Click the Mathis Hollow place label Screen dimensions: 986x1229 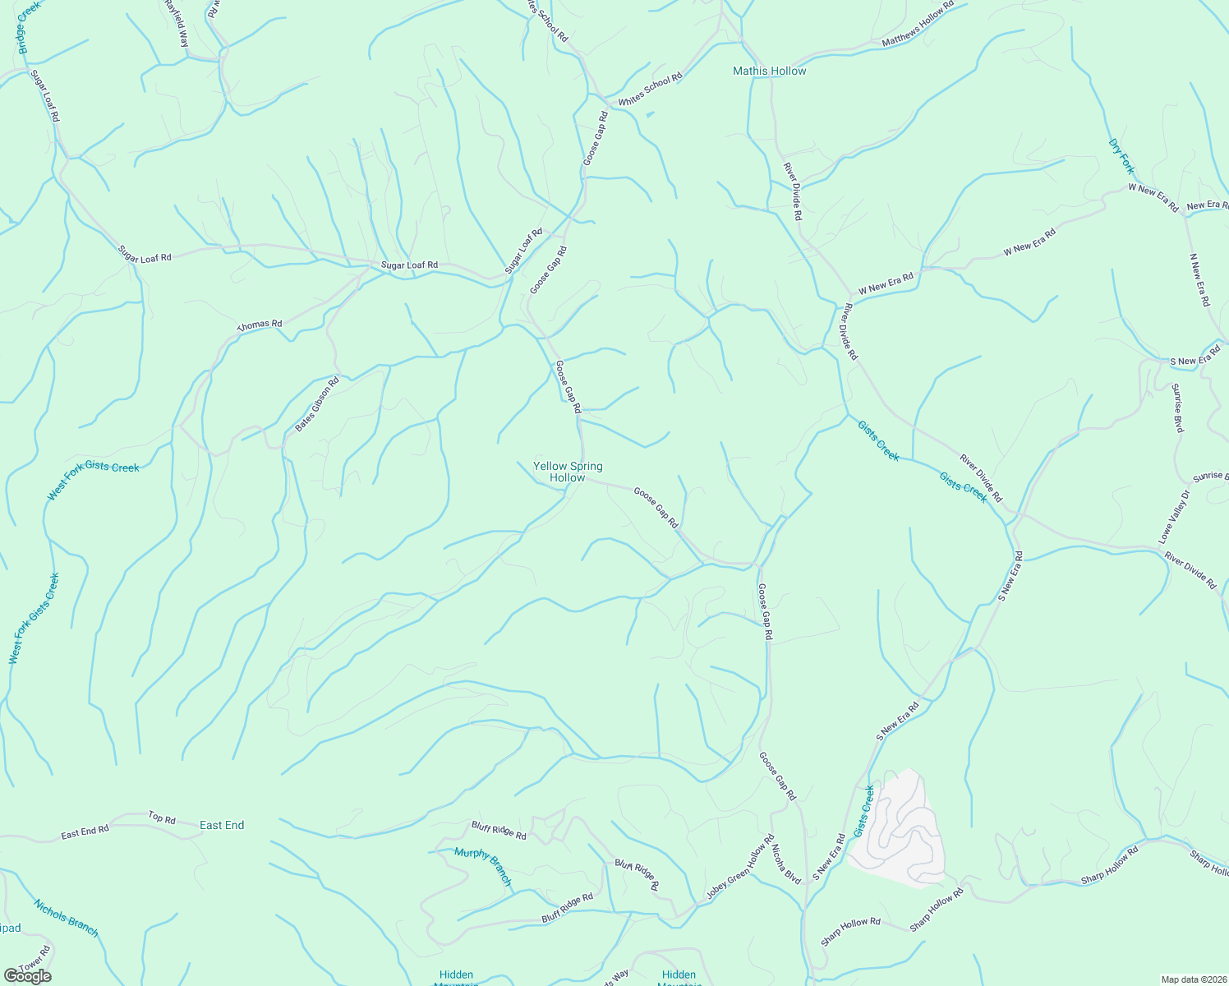click(769, 71)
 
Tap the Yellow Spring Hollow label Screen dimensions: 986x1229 click(568, 472)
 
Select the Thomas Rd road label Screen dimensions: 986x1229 click(260, 325)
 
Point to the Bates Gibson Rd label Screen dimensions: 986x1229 click(317, 405)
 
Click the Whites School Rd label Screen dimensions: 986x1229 click(650, 90)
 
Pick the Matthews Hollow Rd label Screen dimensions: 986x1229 click(918, 24)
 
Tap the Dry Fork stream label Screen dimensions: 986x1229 click(1121, 156)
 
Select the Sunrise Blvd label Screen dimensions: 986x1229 click(1177, 408)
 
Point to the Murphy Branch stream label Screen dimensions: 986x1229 click(483, 867)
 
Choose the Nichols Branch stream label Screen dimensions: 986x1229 click(66, 918)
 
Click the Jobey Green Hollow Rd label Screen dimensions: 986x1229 click(741, 868)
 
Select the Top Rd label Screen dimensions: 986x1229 click(162, 818)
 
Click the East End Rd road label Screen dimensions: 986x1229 click(85, 832)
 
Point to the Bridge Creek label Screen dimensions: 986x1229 click(29, 28)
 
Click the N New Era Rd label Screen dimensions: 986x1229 click(1199, 280)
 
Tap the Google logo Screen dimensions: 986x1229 click(27, 975)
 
